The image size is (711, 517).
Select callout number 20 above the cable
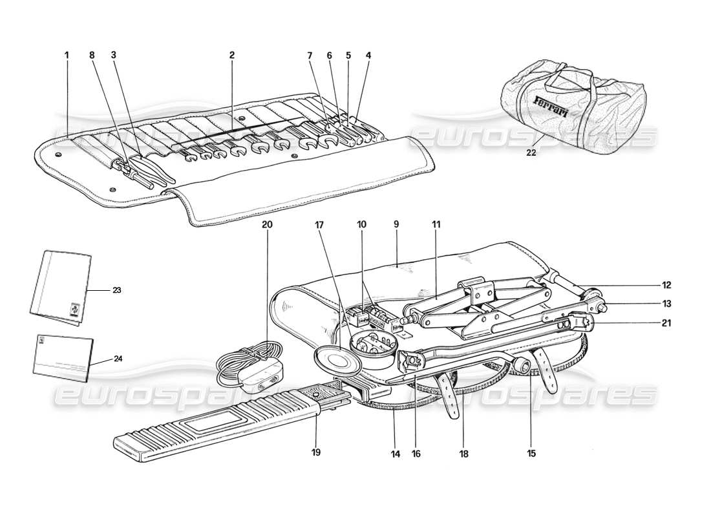(268, 225)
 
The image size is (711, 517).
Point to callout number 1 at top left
(67, 56)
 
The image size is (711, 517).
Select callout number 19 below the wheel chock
(316, 452)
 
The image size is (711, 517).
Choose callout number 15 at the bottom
(531, 454)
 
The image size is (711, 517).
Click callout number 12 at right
(666, 284)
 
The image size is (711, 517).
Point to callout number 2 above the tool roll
(231, 56)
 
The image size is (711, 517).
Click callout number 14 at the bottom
(396, 454)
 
